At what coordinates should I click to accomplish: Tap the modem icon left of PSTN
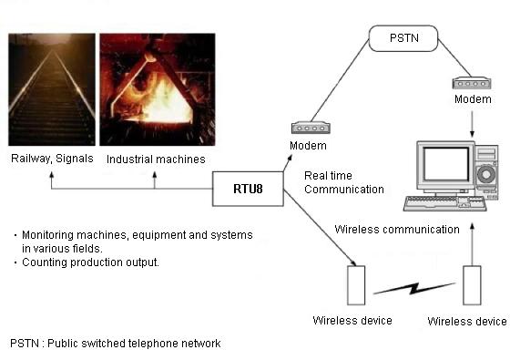pyautogui.click(x=307, y=129)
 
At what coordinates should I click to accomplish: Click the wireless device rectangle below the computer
pyautogui.click(x=470, y=285)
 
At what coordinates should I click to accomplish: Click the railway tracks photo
pyautogui.click(x=52, y=89)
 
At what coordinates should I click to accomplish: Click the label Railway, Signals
pyautogui.click(x=51, y=159)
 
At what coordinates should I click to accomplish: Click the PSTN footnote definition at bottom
pyautogui.click(x=115, y=344)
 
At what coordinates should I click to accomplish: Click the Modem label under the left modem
pyautogui.click(x=307, y=146)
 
